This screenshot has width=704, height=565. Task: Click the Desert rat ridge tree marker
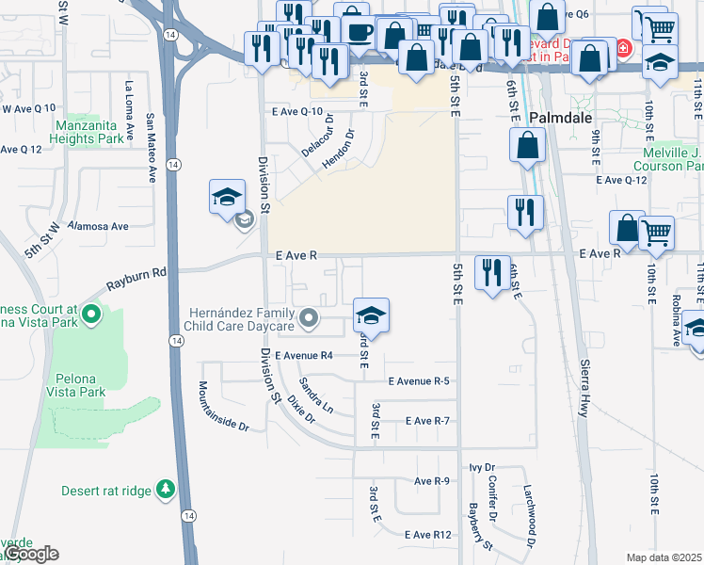(166, 489)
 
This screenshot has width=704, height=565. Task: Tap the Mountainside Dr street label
(223, 406)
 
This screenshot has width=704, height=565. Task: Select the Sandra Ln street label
(315, 395)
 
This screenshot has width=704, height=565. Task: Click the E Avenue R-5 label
(419, 381)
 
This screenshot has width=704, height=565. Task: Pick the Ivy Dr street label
(482, 468)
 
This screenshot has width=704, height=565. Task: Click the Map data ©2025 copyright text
(664, 557)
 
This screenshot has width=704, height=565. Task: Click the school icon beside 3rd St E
(371, 316)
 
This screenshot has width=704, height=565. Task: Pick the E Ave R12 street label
(429, 535)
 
